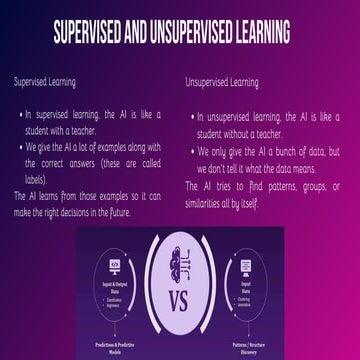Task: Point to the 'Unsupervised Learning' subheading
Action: [x=221, y=83]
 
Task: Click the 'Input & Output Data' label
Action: [x=114, y=283]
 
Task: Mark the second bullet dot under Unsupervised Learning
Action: [x=191, y=151]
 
